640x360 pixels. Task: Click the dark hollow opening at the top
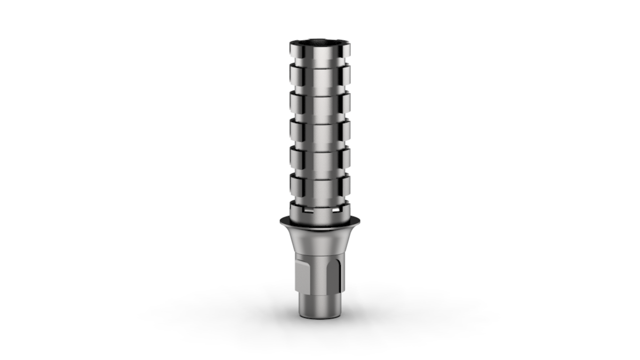pos(320,41)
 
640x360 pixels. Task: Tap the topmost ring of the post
pos(320,51)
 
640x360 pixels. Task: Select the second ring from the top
pos(320,75)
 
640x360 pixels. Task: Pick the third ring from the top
pos(320,102)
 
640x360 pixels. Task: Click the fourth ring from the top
pos(320,130)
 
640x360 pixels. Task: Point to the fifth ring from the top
pos(320,157)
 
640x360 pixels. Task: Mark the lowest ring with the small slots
pos(320,209)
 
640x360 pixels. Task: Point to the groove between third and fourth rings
pos(320,116)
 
